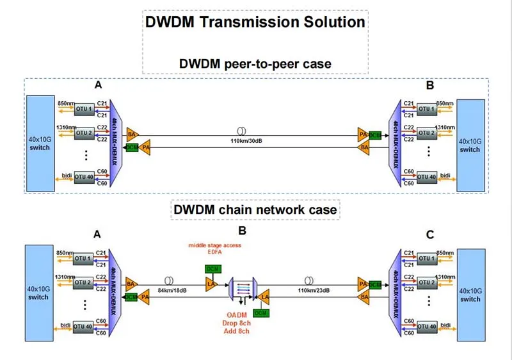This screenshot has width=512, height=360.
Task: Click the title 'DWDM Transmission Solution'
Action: (x=255, y=22)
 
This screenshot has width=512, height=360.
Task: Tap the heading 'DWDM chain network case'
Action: (x=255, y=209)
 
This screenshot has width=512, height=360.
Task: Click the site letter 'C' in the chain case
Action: (x=430, y=234)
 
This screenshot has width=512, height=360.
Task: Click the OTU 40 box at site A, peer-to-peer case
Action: (x=84, y=176)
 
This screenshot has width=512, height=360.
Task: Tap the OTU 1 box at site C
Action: (x=426, y=258)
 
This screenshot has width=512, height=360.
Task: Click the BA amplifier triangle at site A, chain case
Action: (x=132, y=282)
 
